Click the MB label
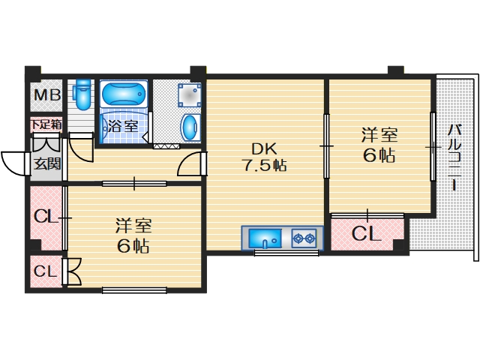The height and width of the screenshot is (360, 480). pos(44,97)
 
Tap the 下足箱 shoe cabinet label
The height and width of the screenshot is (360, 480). pos(45,124)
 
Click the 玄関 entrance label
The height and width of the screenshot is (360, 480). pos(46,164)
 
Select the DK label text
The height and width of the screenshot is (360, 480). pos(265,148)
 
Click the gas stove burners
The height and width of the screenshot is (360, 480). pos(304,239)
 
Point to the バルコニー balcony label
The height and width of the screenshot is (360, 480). pos(455,158)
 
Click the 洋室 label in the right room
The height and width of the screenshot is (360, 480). pos(379,136)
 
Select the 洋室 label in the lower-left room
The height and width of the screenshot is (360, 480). pos(133,224)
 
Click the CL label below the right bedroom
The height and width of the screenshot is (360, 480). pos(367,233)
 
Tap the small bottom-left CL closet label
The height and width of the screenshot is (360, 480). pos(45,271)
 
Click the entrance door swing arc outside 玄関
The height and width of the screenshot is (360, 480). pos(15,160)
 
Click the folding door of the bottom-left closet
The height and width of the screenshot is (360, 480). pos(73,271)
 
